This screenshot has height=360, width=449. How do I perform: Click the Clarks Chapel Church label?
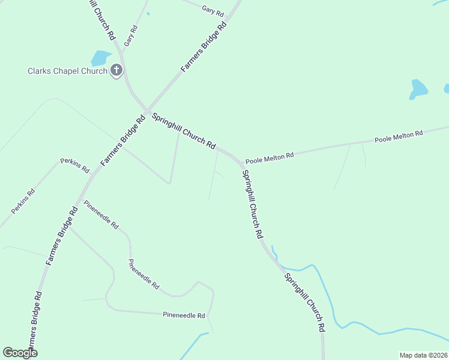pyautogui.click(x=67, y=71)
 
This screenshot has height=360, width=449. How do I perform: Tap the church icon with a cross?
pyautogui.click(x=116, y=71)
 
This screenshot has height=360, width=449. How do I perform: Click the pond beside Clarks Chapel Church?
pyautogui.click(x=100, y=58)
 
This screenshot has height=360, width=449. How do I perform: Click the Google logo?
pyautogui.click(x=20, y=353)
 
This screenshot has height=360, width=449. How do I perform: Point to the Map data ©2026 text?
pyautogui.click(x=423, y=355)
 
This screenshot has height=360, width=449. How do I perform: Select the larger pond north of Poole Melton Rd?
pyautogui.click(x=418, y=89)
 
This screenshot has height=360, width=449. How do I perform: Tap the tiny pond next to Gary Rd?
pyautogui.click(x=148, y=13)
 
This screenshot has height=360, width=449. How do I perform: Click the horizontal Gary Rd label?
pyautogui.click(x=213, y=10)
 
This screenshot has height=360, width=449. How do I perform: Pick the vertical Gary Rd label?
pyautogui.click(x=131, y=36)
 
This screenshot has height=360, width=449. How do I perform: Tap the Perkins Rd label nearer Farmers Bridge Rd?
pyautogui.click(x=74, y=165)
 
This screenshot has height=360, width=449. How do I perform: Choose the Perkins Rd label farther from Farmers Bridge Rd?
pyautogui.click(x=23, y=202)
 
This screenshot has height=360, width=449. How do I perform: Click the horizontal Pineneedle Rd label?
pyautogui.click(x=184, y=315)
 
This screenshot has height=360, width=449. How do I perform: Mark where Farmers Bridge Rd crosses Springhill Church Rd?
pyautogui.click(x=146, y=112)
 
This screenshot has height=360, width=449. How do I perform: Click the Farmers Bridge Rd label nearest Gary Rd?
pyautogui.click(x=204, y=47)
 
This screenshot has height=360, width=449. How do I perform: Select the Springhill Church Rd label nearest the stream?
pyautogui.click(x=304, y=303)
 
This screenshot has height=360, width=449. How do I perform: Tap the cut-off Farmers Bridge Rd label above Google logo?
pyautogui.click(x=35, y=318)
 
